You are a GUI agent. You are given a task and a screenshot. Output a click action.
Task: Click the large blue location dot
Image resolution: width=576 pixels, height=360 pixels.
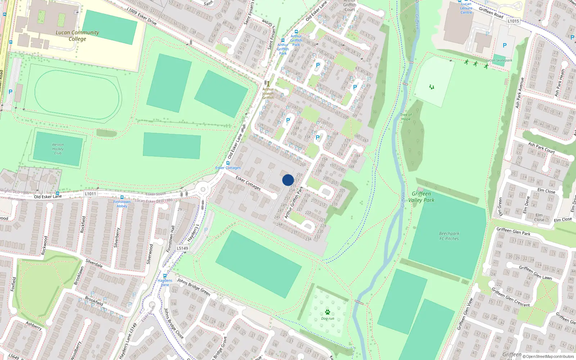tap(288, 180)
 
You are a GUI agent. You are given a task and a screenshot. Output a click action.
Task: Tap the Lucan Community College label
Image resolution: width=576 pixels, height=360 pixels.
tap(77, 35)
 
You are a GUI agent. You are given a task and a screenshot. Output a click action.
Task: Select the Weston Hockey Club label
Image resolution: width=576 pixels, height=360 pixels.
tap(58, 149)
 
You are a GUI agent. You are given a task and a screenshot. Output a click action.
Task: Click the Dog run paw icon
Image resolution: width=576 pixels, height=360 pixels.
tap(328, 312)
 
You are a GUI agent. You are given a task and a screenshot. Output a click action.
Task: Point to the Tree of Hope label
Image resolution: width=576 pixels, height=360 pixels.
tap(406, 117)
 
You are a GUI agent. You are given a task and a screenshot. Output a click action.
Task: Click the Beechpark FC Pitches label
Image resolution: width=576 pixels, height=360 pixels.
tap(449, 236)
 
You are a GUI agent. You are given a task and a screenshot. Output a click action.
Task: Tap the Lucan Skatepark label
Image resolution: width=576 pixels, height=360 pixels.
tap(499, 60)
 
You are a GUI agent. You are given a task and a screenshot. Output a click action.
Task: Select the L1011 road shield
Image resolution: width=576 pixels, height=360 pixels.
tap(90, 194)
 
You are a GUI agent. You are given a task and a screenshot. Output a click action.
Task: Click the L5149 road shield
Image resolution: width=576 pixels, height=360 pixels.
tap(183, 248)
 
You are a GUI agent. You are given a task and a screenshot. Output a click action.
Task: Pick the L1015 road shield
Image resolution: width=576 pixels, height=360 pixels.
tap(513, 21)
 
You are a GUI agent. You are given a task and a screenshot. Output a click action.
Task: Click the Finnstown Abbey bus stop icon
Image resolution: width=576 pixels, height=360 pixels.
tap(122, 197)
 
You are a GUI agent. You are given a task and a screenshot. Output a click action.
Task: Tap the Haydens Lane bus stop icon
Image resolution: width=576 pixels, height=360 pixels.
tap(165, 276)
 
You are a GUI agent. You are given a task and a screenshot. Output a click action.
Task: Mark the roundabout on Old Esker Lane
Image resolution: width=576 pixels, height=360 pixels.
tap(203, 189)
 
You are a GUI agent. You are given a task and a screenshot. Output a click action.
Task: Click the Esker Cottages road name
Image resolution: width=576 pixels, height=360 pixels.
tap(248, 183)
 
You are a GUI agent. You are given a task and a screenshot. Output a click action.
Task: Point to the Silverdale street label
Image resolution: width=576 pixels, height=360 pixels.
tap(94, 263)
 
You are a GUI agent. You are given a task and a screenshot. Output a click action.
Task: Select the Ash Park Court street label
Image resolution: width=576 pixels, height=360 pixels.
tap(541, 148)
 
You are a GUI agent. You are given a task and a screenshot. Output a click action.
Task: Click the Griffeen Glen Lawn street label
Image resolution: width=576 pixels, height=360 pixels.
tap(535, 273)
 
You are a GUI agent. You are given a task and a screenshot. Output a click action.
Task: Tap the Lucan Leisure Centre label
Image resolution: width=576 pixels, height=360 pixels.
tap(466, 8)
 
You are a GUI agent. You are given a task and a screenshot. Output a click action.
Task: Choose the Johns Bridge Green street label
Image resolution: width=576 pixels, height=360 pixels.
tap(194, 287)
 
